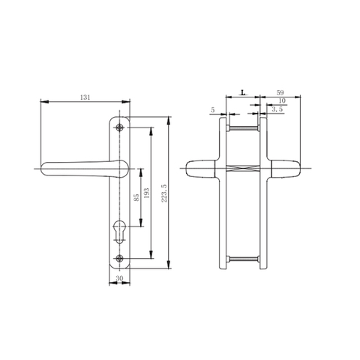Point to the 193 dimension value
(x=148, y=193)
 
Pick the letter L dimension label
(x=241, y=92)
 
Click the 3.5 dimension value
(x=277, y=109)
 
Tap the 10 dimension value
(x=280, y=100)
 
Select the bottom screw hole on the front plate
(x=120, y=259)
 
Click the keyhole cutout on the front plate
(x=120, y=232)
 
